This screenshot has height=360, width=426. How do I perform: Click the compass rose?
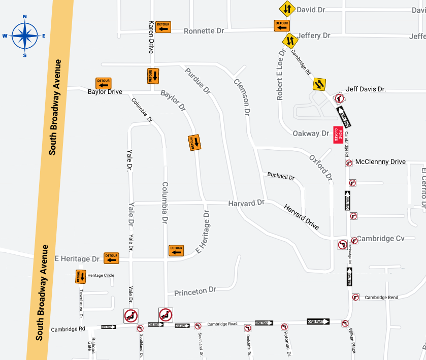tap(24, 36)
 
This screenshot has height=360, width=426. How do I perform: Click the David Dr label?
tap(311, 10)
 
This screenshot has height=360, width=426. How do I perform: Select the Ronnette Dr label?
tap(204, 31)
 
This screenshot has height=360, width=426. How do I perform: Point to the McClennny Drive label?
tap(380, 162)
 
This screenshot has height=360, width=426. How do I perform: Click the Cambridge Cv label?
tap(381, 239)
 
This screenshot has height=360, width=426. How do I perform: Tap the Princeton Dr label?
tap(195, 291)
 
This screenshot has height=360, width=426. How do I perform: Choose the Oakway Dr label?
tap(311, 134)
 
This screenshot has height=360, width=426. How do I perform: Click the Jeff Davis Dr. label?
tap(366, 89)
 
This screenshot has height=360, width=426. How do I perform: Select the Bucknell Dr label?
tap(281, 177)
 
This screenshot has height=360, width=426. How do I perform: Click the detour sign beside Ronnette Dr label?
tap(163, 27)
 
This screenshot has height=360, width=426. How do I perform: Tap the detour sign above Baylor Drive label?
tap(104, 83)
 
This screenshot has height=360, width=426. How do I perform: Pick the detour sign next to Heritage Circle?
tap(81, 276)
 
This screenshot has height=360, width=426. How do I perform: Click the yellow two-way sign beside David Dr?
tap(287, 9)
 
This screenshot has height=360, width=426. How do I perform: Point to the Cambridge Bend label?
tap(381, 298)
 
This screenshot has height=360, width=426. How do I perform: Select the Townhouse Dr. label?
tap(81, 301)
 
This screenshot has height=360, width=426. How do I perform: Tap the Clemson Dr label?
tap(243, 96)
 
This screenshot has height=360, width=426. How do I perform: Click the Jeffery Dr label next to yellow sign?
tap(314, 36)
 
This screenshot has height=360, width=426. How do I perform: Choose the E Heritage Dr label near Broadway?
tap(78, 259)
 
